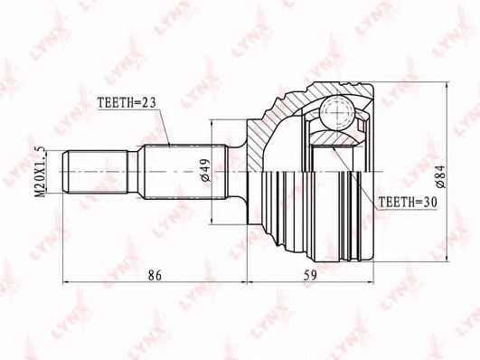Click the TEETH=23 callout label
pyautogui.click(x=127, y=102)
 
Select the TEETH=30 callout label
pyautogui.click(x=408, y=203)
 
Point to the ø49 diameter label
pyautogui.click(x=206, y=170)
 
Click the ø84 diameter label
pyautogui.click(x=441, y=176)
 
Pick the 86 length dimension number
pyautogui.click(x=155, y=276)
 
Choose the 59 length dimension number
pyautogui.click(x=310, y=276)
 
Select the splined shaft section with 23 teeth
pyautogui.click(x=184, y=172)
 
